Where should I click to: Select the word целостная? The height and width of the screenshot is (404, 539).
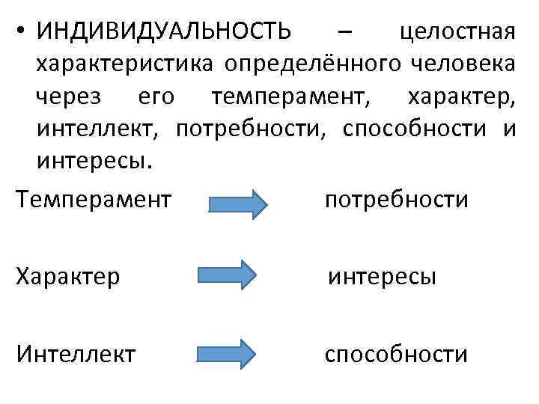coord(457,33)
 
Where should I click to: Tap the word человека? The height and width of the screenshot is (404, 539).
coord(462,65)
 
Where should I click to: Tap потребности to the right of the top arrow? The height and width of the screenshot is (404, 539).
coord(396,200)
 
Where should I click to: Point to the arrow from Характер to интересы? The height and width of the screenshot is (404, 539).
coord(227,275)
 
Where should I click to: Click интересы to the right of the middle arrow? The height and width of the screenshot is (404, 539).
coord(382,278)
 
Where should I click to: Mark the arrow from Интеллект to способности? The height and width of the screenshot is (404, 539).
coord(227,352)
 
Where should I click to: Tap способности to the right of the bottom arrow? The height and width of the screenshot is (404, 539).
coord(396,353)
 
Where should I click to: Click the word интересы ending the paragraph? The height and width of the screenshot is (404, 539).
coord(93,162)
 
